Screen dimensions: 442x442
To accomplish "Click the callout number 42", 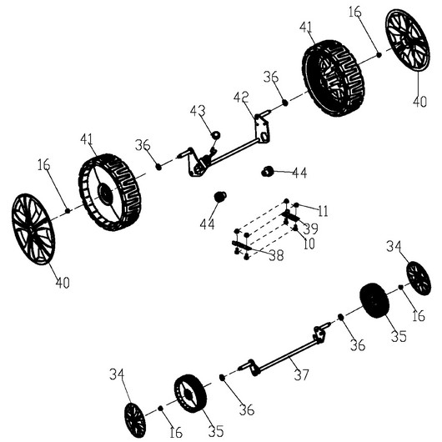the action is (x=241, y=98).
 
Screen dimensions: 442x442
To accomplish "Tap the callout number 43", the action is (x=198, y=111).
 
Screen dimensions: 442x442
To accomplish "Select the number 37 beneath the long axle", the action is (x=302, y=374).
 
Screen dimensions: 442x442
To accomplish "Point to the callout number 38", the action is (x=276, y=256).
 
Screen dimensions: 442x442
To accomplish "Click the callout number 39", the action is (x=310, y=229).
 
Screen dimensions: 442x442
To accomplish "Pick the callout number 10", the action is (x=309, y=244).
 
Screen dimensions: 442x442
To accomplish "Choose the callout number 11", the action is (x=323, y=211).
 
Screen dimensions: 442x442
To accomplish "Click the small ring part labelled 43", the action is (x=216, y=135).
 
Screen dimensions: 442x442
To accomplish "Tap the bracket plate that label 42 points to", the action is (x=263, y=129).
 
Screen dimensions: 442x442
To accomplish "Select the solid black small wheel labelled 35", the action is (x=374, y=300).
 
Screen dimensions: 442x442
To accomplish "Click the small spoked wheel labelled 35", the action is (x=190, y=394).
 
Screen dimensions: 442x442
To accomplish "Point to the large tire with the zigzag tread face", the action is (x=334, y=78).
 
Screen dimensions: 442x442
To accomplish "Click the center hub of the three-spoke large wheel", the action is (x=105, y=193).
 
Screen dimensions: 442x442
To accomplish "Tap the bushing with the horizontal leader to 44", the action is (x=267, y=172).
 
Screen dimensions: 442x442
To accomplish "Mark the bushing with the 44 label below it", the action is (x=220, y=197).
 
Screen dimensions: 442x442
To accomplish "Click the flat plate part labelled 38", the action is (x=242, y=245).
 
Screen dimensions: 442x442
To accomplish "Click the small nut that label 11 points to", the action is (x=296, y=205).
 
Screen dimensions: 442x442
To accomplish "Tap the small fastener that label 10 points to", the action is (x=295, y=228).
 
